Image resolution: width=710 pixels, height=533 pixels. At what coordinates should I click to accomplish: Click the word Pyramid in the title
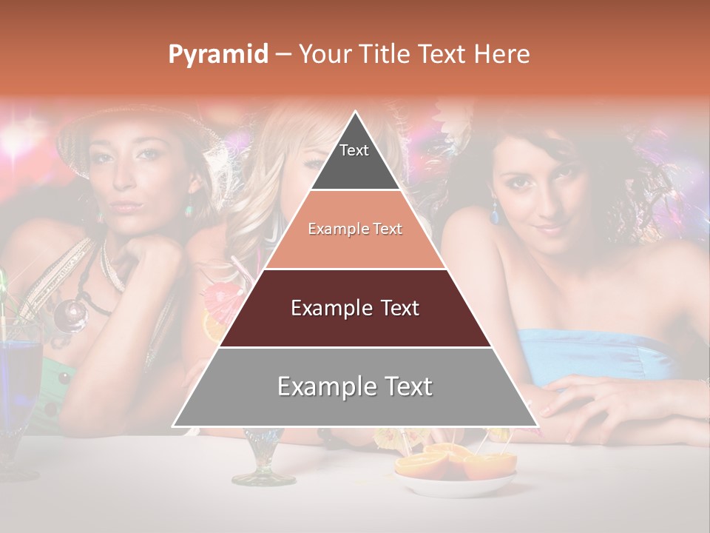tap(218, 55)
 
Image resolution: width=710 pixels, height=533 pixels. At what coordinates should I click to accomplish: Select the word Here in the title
tap(502, 54)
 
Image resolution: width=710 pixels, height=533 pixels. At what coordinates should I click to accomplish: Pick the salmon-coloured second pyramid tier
tap(355, 229)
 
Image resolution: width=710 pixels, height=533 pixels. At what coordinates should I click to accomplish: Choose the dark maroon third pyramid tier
tap(355, 308)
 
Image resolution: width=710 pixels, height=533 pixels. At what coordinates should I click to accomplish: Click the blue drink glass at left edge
tap(18, 385)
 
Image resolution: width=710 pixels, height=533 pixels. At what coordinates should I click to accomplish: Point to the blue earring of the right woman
tap(495, 215)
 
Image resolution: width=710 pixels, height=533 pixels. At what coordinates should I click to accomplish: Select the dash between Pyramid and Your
tap(283, 55)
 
